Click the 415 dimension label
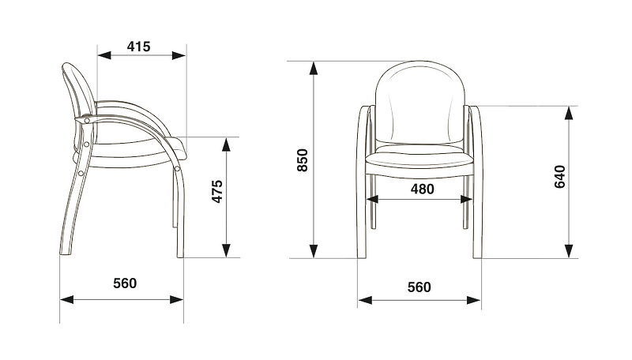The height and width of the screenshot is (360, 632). tap(139, 47)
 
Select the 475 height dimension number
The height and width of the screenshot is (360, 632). tap(216, 191)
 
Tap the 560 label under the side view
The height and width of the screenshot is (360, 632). tap(125, 283)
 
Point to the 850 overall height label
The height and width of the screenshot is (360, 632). tap(303, 160)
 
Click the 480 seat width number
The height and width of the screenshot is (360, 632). tap(423, 189)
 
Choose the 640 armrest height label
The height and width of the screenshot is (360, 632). tap(560, 177)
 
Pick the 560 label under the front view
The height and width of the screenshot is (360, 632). tap(419, 287)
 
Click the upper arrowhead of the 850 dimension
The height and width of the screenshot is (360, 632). tap(313, 69)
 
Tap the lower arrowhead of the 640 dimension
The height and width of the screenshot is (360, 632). tap(569, 251)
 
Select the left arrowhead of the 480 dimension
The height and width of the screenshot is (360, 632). tap(372, 199)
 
